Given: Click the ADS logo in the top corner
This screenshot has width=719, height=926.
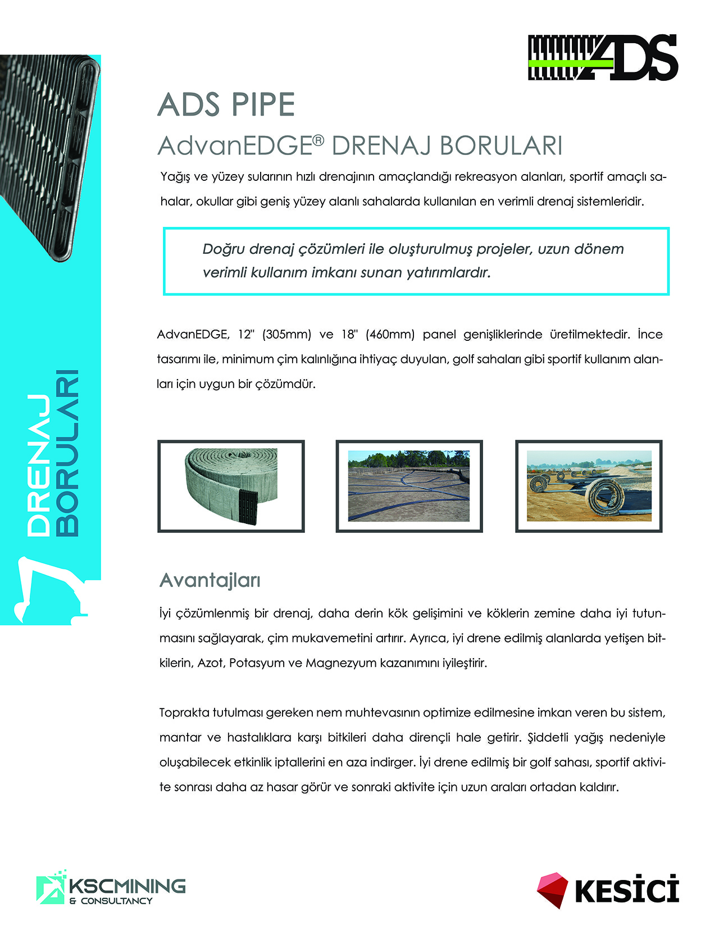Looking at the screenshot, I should point(603,57).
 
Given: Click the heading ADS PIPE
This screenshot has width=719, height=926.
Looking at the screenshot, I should point(226,104).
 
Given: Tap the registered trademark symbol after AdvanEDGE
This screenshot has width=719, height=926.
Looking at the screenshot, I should point(318,140).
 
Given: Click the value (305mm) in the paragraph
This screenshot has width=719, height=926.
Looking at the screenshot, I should point(286,335).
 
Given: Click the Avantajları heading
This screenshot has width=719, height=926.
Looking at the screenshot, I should point(210,580).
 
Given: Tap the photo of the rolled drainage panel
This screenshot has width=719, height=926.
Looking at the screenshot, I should point(231,486).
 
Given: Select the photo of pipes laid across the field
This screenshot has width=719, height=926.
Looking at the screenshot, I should point(409,486).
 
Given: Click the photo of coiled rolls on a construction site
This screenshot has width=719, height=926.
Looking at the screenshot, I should point(589,486).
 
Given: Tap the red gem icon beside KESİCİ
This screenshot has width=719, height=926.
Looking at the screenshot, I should point(552,889).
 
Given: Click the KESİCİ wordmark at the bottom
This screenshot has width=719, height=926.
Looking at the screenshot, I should point(627,891).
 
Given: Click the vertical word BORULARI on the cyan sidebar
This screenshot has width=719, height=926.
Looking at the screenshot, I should point(67,453).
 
